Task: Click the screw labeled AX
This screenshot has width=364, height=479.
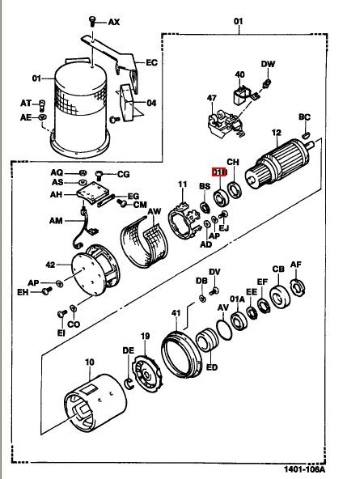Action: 92,21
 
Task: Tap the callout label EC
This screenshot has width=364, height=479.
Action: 151,62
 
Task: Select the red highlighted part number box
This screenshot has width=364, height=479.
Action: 220,172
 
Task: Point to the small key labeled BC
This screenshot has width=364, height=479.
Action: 307,134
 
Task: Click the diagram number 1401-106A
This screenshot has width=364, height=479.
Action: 304,469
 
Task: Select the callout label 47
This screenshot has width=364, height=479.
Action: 212,98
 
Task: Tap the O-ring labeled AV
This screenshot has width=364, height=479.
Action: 224,330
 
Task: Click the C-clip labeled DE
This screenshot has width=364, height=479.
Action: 129,384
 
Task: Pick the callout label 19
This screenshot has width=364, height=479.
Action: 146,336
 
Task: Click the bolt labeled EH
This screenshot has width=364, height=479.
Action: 47,291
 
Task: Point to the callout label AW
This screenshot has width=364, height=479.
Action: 154,211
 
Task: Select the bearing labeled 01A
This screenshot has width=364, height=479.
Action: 239,321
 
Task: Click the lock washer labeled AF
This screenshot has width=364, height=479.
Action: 298,287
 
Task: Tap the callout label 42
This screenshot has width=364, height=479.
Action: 50,265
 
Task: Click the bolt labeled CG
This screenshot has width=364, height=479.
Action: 99,175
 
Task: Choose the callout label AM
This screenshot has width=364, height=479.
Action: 56,221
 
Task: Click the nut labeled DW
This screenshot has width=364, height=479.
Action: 267,83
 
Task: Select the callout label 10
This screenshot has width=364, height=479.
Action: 89,362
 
